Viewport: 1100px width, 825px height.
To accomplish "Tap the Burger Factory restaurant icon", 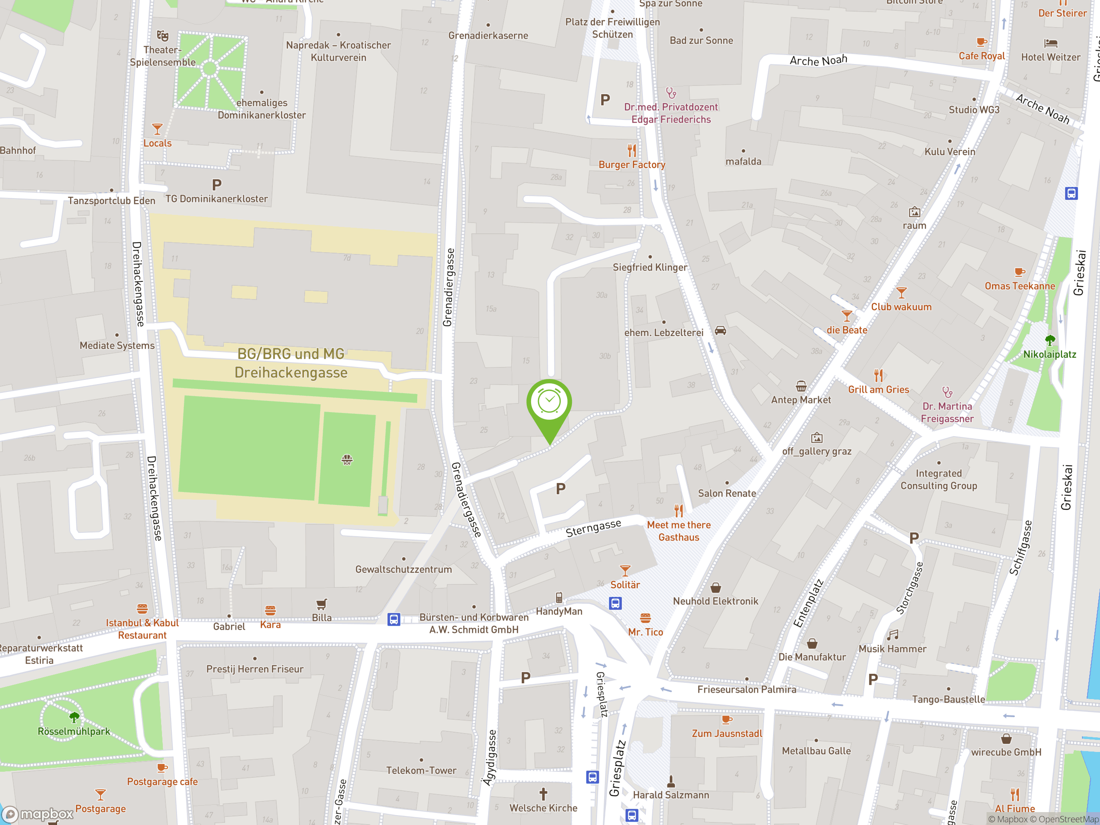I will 632,150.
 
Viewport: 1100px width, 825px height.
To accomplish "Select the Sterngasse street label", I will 593,528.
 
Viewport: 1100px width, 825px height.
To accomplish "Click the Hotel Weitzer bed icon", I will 1050,43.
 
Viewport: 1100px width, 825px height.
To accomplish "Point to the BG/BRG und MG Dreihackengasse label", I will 291,363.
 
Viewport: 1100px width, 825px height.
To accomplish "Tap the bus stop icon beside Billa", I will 393,620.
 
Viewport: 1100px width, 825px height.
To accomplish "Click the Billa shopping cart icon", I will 321,604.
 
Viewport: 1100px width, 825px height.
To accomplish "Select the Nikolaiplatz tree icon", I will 1049,341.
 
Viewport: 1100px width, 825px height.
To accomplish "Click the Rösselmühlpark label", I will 74,731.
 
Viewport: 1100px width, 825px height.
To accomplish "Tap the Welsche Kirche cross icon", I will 543,794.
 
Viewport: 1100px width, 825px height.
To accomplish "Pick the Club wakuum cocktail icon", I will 901,293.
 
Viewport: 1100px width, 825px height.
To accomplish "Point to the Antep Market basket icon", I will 801,386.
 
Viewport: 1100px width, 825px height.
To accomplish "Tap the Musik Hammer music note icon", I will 892,635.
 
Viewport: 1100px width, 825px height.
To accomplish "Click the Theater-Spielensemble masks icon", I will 162,36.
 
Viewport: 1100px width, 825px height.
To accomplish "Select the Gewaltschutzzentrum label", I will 403,569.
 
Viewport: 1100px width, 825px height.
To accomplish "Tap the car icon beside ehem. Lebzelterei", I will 720,331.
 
